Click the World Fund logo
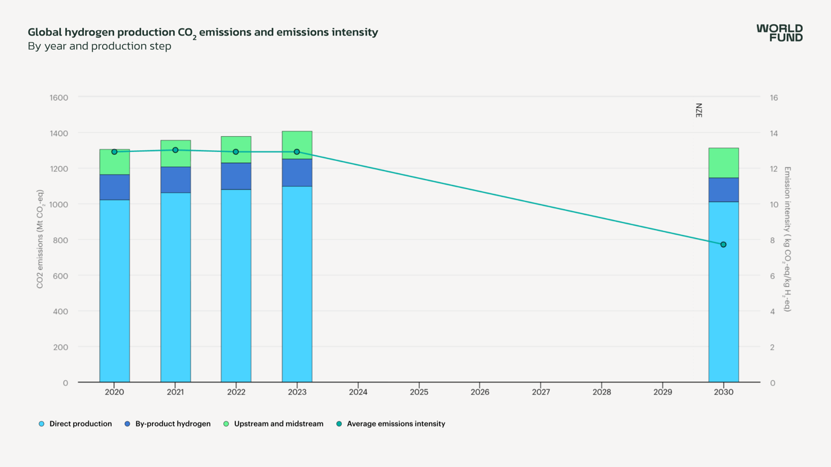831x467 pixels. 779,33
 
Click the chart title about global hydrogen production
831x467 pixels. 203,33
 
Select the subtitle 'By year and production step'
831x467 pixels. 100,46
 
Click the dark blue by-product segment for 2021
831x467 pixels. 175,180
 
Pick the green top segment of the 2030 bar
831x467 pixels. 723,163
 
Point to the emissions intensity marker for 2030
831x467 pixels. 723,245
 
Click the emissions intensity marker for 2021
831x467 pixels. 175,150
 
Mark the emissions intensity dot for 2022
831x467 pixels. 236,152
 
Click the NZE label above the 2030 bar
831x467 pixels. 699,110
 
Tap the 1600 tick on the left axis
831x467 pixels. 59,98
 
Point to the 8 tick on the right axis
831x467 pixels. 773,240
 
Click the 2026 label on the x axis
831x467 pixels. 479,392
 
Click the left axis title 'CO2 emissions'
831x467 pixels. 40,239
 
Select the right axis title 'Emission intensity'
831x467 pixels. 787,239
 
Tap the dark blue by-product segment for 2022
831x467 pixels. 236,176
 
